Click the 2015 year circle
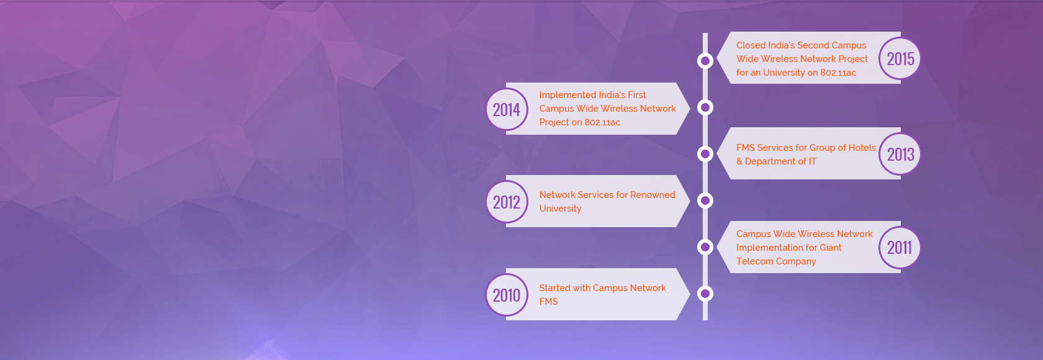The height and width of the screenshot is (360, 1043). point(900,58)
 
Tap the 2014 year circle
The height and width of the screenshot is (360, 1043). point(507,109)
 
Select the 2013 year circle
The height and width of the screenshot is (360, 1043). point(900,154)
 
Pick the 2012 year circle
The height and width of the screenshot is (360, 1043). point(507,202)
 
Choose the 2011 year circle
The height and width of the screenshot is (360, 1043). point(900,247)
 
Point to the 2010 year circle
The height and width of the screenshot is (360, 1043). point(507,295)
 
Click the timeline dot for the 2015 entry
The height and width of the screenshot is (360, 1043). point(705,61)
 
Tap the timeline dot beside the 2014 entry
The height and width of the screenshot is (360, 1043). point(705,107)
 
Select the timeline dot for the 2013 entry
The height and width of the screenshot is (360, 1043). point(705,154)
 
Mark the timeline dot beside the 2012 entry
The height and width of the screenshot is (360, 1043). point(705,200)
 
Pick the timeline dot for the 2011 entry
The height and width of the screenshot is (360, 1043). point(705,247)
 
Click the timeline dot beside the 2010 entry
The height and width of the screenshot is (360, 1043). point(705,294)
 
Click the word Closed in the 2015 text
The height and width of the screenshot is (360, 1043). point(751,45)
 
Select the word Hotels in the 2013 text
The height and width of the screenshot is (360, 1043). point(862,148)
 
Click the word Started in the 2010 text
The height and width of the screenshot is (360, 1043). point(554,288)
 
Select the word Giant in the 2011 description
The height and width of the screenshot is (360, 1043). point(830,248)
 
